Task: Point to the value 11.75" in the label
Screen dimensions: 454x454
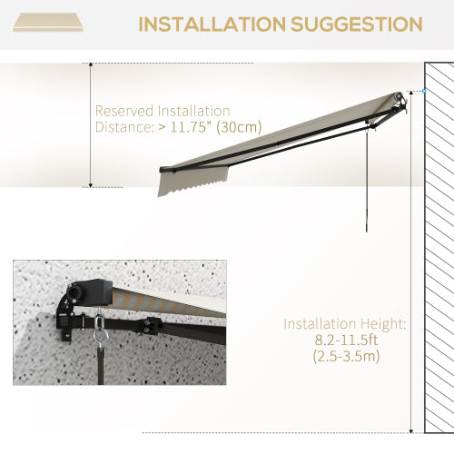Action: [188, 127]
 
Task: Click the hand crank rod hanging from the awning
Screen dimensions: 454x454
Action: [368, 182]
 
